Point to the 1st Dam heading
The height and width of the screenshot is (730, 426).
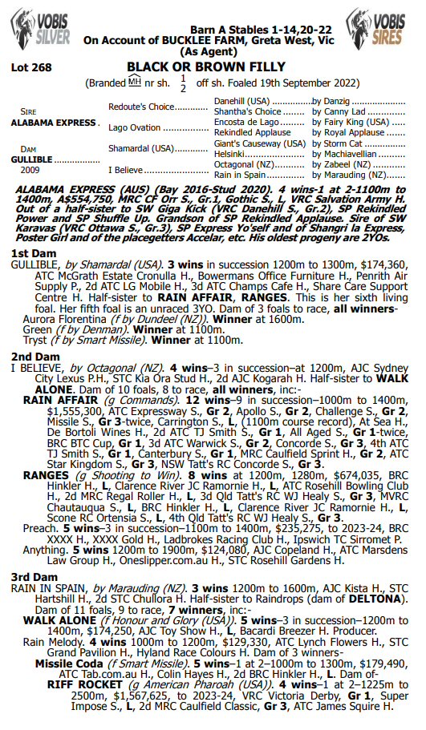click(29, 253)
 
